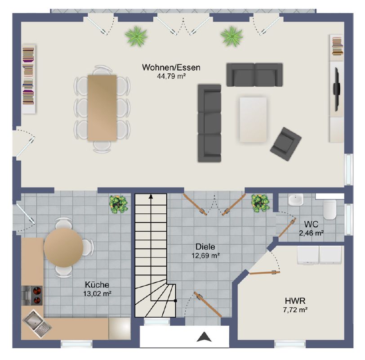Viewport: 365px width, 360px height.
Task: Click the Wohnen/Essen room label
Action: point(171,67)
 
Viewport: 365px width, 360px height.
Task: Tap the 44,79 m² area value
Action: point(171,76)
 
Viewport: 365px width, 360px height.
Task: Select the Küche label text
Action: point(97,284)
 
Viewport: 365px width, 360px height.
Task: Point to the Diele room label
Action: point(205,247)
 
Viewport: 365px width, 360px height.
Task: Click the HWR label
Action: point(295,301)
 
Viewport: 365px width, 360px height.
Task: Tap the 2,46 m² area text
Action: point(311,233)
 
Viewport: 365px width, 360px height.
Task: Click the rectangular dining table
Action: point(102,108)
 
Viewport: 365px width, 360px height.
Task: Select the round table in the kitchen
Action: point(63,247)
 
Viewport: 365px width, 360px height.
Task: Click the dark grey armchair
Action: point(285,144)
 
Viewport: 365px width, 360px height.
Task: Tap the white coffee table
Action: point(253,120)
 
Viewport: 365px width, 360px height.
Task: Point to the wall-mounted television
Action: point(336,90)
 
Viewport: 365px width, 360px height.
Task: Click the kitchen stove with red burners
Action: point(32,296)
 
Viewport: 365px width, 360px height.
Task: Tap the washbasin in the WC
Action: point(296,200)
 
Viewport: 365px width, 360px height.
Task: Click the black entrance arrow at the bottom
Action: point(204,337)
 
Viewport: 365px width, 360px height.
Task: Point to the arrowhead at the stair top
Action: point(151,197)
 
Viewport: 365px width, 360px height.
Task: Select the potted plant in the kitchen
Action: point(119,204)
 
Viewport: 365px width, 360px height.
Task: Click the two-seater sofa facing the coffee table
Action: point(255,75)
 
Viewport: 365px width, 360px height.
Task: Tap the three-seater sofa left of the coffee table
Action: point(209,123)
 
